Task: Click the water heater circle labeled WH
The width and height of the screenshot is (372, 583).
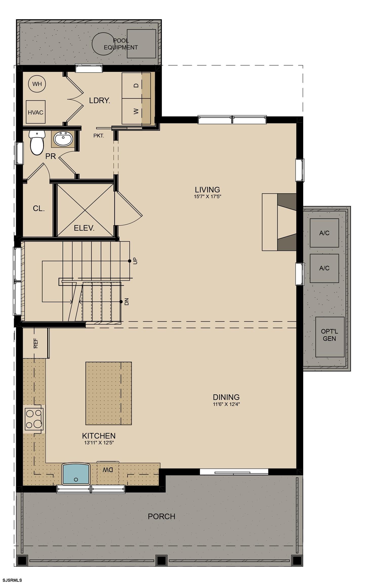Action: pyautogui.click(x=37, y=84)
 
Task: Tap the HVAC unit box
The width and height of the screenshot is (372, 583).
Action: pyautogui.click(x=36, y=112)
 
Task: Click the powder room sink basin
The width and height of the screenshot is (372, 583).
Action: pyautogui.click(x=63, y=139)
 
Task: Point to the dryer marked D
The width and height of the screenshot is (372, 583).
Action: pyautogui.click(x=136, y=86)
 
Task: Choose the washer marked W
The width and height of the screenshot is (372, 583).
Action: pyautogui.click(x=136, y=111)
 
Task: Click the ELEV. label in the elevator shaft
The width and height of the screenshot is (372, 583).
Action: pyautogui.click(x=84, y=228)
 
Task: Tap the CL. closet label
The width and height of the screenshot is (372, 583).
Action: pyautogui.click(x=39, y=209)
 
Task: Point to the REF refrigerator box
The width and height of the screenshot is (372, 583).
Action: pyautogui.click(x=36, y=343)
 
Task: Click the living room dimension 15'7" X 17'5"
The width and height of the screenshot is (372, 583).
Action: pyautogui.click(x=208, y=197)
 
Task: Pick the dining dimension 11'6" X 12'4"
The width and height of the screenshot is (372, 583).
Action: pyautogui.click(x=226, y=404)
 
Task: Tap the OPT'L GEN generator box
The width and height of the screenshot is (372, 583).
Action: pyautogui.click(x=330, y=337)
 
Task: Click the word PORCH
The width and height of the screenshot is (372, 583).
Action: pyautogui.click(x=161, y=516)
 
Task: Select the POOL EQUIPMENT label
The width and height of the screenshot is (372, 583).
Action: pyautogui.click(x=121, y=44)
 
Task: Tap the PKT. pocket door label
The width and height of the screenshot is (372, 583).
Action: pyautogui.click(x=99, y=136)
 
